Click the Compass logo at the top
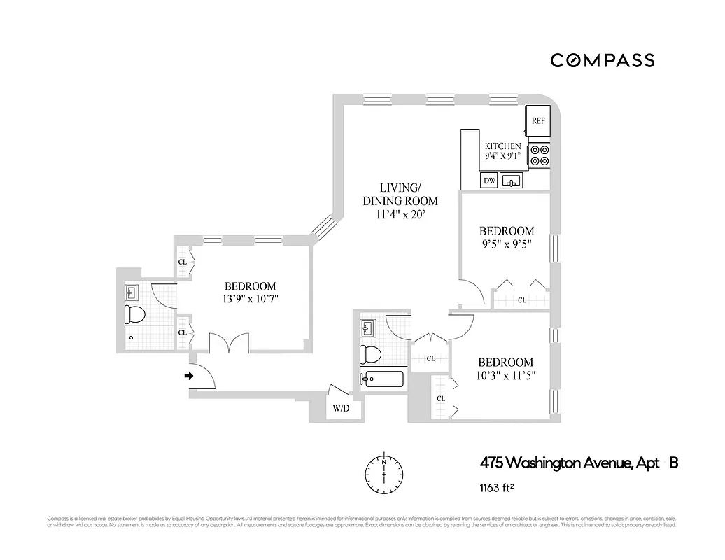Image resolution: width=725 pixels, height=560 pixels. [602, 60]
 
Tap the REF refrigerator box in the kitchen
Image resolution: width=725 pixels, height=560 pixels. [538, 120]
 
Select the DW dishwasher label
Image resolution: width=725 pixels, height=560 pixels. [490, 181]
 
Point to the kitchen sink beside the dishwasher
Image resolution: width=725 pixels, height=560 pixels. [513, 181]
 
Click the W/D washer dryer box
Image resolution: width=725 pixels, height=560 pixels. [341, 408]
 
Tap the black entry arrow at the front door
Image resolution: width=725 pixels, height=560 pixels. [188, 376]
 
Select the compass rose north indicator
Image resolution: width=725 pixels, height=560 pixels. [383, 473]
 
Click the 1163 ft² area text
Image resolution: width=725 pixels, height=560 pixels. [498, 487]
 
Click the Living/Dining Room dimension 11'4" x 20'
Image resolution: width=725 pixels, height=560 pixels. [400, 214]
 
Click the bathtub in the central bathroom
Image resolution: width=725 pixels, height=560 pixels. [382, 379]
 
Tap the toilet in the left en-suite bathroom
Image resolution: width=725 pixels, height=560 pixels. [134, 314]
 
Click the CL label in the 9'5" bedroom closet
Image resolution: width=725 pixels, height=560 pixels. [521, 300]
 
